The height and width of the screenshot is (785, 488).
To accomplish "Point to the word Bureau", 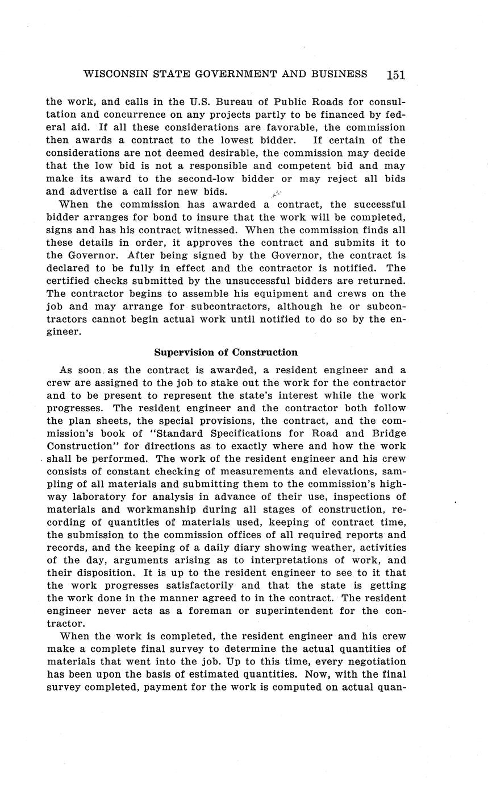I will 239,102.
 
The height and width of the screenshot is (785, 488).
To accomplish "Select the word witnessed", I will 214,230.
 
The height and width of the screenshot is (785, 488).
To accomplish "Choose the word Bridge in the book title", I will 390,433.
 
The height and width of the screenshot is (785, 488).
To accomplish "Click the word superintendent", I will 299,611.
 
